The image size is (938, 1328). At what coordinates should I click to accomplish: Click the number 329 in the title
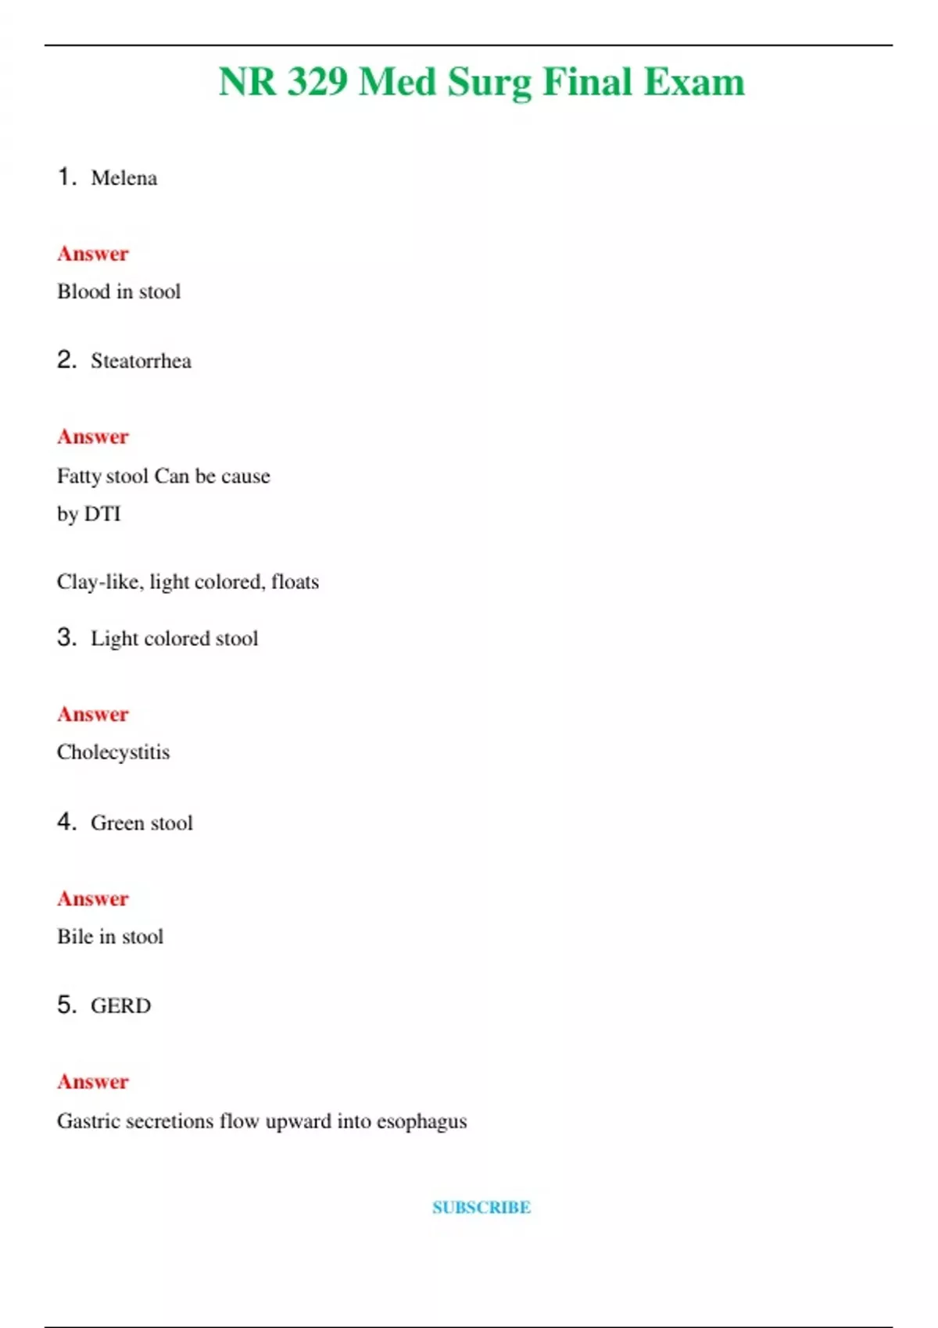[x=317, y=82]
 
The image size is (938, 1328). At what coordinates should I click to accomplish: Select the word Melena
[x=124, y=178]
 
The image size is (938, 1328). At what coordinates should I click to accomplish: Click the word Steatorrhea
[x=141, y=361]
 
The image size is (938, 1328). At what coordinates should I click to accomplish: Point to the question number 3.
[x=66, y=637]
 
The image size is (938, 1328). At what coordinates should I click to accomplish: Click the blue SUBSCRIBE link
[x=482, y=1207]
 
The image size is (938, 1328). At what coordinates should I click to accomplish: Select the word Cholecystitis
[x=113, y=752]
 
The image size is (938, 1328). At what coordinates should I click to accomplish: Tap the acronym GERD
[x=120, y=1005]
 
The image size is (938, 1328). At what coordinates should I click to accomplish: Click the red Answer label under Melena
[x=92, y=254]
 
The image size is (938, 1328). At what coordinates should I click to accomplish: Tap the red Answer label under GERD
[x=92, y=1082]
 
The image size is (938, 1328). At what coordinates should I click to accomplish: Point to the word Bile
[x=74, y=937]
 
